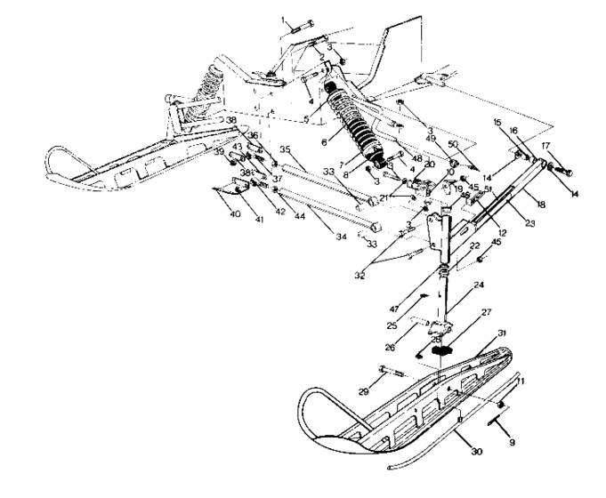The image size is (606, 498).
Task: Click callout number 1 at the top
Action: click(x=284, y=19)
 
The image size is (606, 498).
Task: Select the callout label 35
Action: click(x=286, y=149)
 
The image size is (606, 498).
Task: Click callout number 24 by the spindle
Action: click(x=479, y=285)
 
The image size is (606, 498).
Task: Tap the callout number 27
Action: click(x=486, y=312)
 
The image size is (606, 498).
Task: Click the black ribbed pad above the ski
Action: click(x=442, y=349)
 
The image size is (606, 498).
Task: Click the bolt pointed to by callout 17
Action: click(x=563, y=168)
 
